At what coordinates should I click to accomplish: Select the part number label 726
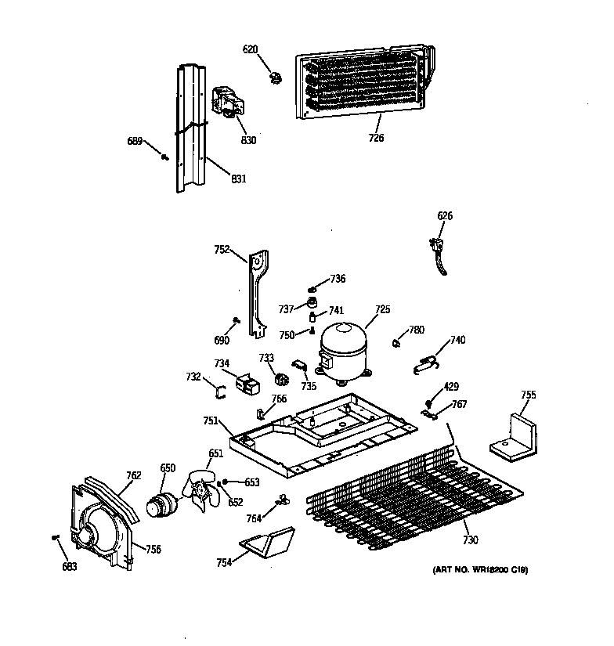click(376, 139)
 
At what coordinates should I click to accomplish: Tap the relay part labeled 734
click(247, 383)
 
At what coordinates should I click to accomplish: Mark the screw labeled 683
click(56, 537)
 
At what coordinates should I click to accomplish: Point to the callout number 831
click(239, 179)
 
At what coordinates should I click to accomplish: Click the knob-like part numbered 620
click(275, 76)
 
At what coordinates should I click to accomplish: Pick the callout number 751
click(211, 420)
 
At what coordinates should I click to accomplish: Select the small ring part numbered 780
click(398, 341)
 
